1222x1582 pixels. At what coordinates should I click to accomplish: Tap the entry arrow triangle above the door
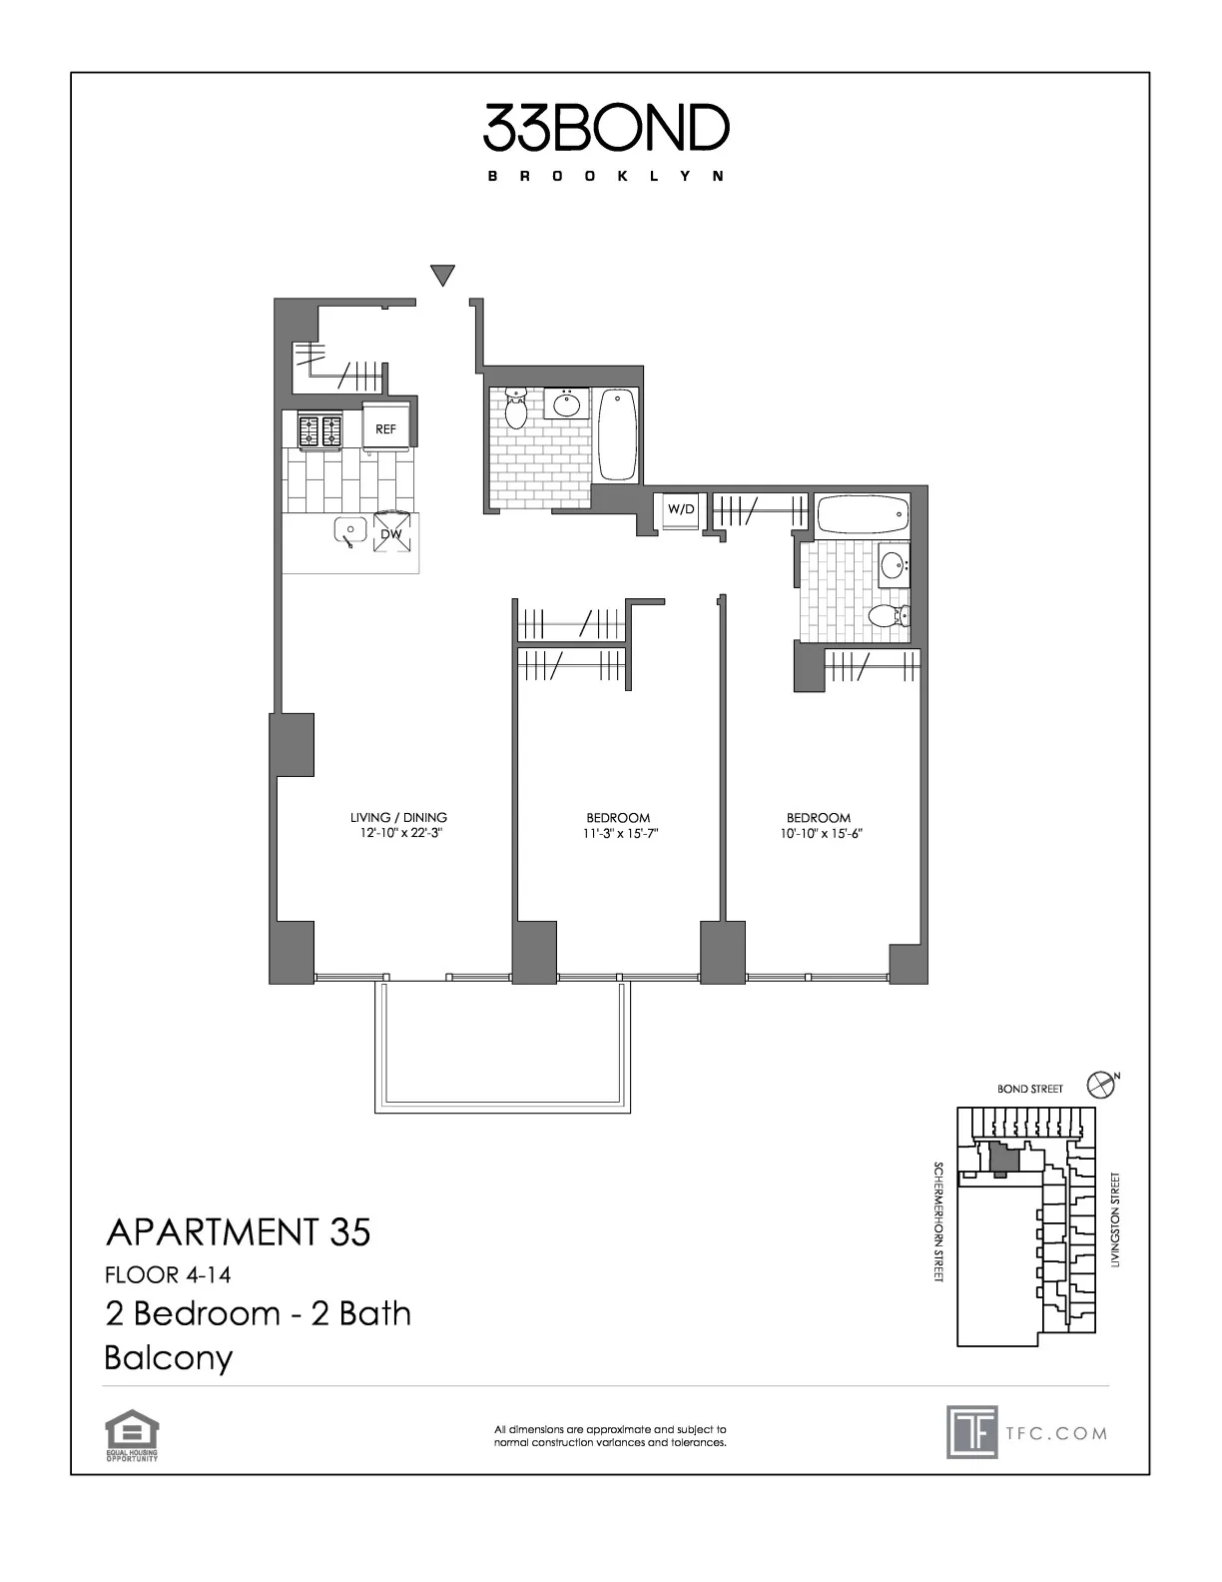pos(443,275)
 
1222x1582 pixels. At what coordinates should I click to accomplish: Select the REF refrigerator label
pos(385,429)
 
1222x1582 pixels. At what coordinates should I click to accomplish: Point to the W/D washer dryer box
pos(681,509)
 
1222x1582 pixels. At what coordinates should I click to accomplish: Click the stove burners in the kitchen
pos(319,430)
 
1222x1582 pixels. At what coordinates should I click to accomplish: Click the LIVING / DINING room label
pos(398,817)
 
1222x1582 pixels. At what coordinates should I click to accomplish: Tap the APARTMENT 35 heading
pos(238,1232)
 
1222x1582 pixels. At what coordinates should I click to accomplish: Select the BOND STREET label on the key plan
pos(1030,1089)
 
